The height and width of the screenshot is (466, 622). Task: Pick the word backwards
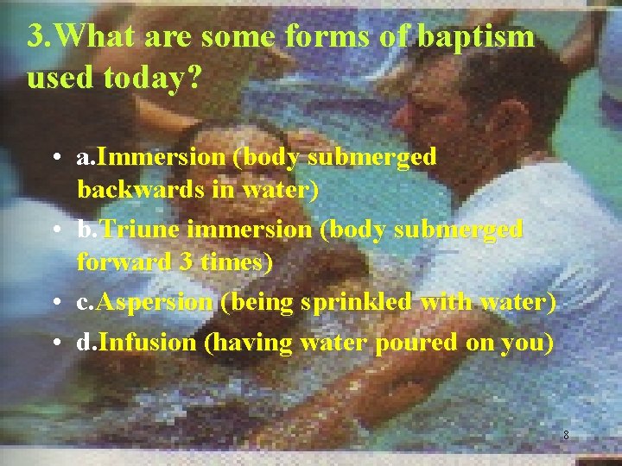pos(128,188)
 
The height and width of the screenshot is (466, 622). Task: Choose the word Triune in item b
pos(144,230)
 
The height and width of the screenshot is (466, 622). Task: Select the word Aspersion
pos(155,302)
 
